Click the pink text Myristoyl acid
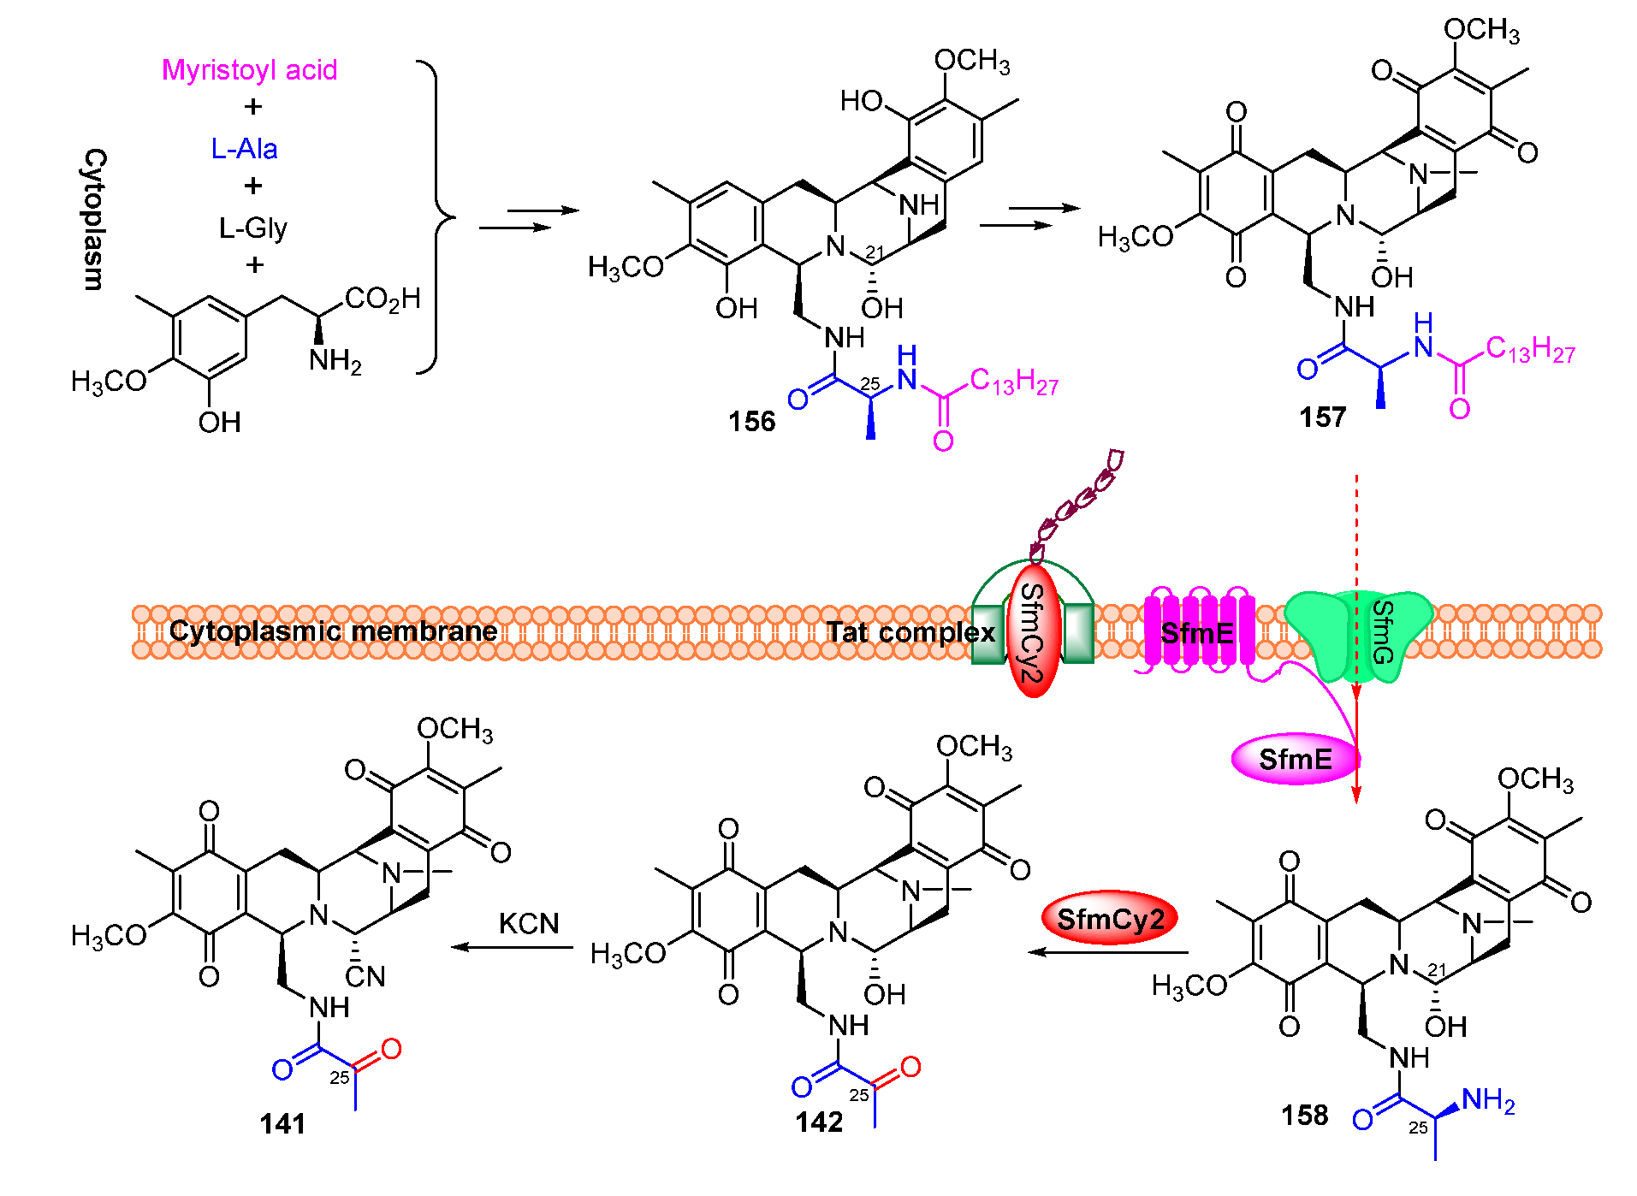coord(249,69)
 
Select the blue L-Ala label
coord(244,149)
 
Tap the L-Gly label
coord(252,228)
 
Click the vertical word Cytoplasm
coord(94,219)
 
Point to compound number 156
coord(751,421)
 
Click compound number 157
coord(1322,417)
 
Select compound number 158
coord(1304,1115)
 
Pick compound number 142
coord(819,1122)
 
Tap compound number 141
coord(282,1123)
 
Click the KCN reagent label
coord(528,923)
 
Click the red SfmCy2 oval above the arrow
coord(1110,919)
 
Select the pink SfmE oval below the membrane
coord(1295,759)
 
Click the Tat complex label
coord(910,632)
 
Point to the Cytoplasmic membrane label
coord(333,631)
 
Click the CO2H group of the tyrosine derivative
coord(383,299)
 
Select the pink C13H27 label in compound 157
coord(1530,349)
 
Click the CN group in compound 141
coord(365,976)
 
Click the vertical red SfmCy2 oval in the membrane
coord(1034,631)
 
